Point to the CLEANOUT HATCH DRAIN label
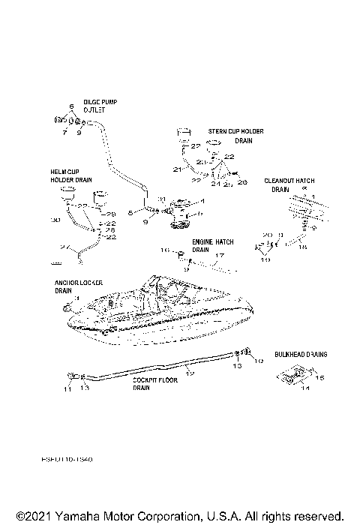tap(289, 185)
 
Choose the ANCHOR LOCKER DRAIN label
tap(73, 287)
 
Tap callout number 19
tap(264, 259)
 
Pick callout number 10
tap(260, 361)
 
